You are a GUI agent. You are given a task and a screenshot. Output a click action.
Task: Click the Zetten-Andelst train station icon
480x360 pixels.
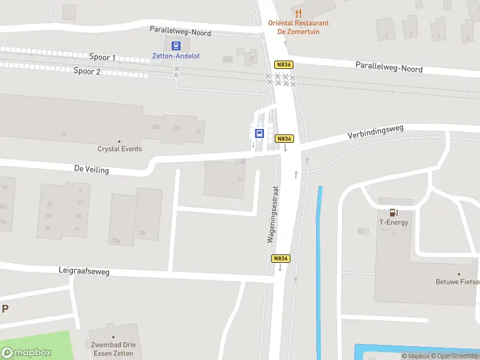(176, 46)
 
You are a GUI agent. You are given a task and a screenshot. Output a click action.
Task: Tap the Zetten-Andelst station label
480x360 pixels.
(176, 56)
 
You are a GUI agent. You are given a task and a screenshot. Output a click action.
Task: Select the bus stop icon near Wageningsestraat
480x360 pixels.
(260, 134)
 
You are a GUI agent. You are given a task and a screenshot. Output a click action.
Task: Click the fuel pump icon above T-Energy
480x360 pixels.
(394, 212)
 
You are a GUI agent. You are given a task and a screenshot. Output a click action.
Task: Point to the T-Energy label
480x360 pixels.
(394, 223)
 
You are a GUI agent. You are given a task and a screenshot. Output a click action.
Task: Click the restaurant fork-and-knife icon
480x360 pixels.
(298, 13)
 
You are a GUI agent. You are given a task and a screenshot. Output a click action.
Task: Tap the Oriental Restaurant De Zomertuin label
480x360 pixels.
(298, 27)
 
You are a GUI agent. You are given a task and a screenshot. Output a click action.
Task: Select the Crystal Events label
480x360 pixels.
(120, 149)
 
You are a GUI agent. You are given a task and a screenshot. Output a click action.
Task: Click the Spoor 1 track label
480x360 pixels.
(102, 58)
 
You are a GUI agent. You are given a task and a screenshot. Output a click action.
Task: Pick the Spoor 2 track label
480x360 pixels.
(87, 71)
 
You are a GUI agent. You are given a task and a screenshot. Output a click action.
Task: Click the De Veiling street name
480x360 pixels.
(92, 170)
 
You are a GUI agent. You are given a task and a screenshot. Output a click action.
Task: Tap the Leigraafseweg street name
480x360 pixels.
(84, 272)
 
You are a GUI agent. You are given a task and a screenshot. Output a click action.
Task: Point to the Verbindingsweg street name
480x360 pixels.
(376, 132)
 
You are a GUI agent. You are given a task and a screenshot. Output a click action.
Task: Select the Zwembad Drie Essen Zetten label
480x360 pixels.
(113, 349)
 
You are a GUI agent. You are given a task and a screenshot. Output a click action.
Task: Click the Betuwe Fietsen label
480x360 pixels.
(458, 281)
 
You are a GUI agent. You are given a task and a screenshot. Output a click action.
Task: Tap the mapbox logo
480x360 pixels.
(26, 353)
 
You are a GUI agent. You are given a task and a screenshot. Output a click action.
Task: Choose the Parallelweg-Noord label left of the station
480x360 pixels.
(181, 31)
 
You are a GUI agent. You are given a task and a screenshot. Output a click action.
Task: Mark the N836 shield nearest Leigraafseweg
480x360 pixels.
(281, 259)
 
